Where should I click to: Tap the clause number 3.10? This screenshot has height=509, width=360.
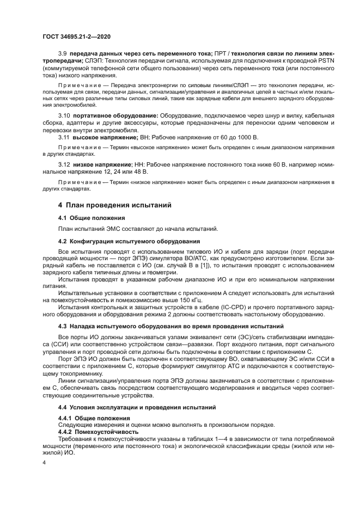[x=64, y=116]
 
